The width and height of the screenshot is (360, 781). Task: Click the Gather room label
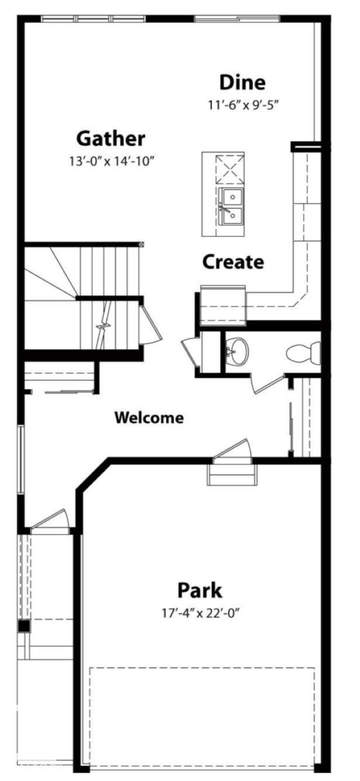coord(111,138)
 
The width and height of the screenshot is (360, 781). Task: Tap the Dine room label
coord(242,82)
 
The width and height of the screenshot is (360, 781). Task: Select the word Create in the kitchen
coord(233,261)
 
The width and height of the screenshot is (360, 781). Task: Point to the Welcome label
coord(149,418)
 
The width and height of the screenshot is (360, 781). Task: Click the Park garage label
coord(200,590)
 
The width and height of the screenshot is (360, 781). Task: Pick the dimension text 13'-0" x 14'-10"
coord(111,161)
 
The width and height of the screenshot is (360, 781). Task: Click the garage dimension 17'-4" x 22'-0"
coord(200,612)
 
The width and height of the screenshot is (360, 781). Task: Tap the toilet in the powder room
coord(303,353)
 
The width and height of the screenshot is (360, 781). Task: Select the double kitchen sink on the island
coord(231,206)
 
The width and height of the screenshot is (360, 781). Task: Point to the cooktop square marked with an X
coord(229,168)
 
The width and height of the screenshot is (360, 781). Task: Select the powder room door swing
coord(267,384)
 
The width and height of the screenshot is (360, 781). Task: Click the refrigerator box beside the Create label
coord(223,305)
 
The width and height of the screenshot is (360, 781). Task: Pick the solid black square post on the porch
coord(24,626)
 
